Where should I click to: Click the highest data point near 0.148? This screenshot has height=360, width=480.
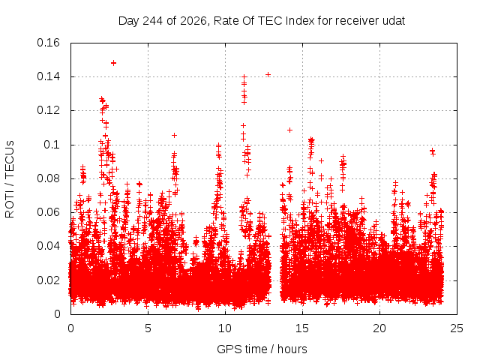coord(113,63)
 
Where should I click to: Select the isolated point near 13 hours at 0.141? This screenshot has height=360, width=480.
coord(268,75)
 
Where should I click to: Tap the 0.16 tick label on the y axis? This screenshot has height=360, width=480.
coord(48,43)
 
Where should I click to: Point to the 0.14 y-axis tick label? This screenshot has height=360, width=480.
coord(48,76)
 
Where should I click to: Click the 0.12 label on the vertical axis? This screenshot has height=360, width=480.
coord(48,110)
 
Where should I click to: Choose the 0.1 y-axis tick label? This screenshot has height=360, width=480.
coord(52,145)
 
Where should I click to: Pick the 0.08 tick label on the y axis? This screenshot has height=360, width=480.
coord(48,178)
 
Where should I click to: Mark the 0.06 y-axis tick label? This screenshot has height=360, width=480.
coord(48,212)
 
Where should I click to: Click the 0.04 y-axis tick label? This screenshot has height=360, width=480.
coord(48,246)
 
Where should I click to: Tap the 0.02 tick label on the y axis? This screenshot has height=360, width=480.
coord(48,280)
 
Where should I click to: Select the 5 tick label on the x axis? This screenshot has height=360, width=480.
coord(148,328)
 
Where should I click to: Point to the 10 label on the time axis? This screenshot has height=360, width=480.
coord(225,328)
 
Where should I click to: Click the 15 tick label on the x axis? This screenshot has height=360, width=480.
coord(302,328)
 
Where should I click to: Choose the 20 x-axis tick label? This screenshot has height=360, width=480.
coord(379,328)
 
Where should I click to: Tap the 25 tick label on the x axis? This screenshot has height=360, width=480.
coord(457,328)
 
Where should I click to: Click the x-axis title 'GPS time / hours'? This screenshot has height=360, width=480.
coord(262,349)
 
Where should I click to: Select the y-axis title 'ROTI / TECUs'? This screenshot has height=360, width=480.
coord(10,179)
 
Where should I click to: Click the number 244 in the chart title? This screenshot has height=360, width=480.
coord(153,21)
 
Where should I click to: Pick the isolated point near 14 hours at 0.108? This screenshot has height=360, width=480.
coord(289,130)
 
